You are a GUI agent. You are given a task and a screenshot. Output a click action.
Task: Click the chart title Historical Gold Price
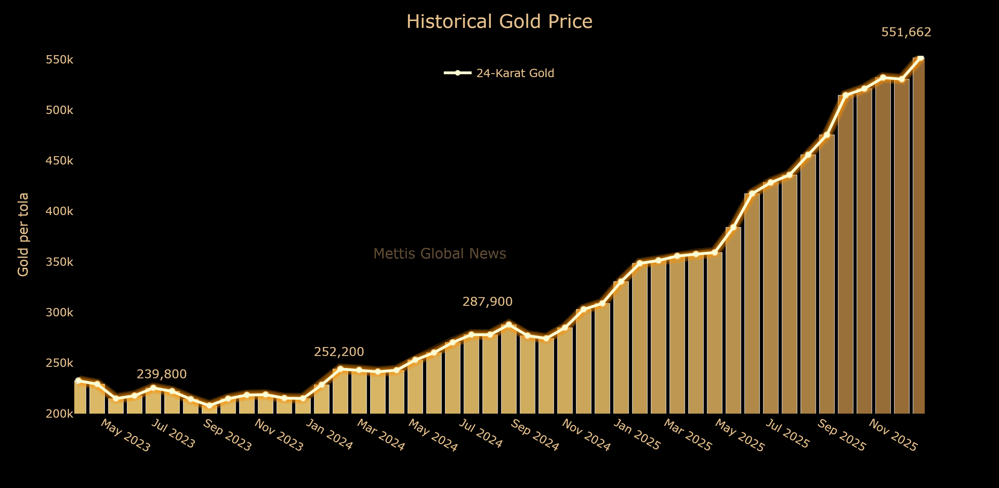click(499, 21)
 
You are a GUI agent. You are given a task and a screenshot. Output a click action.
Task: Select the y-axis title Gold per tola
click(23, 235)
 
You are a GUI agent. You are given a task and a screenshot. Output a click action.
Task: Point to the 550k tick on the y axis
click(59, 60)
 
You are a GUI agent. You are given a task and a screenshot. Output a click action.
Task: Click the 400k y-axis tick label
click(59, 211)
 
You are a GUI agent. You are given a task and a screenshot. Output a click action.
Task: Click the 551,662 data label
click(906, 32)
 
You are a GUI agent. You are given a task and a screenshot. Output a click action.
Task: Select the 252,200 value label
click(339, 352)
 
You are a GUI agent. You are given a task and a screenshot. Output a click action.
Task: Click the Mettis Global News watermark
click(439, 253)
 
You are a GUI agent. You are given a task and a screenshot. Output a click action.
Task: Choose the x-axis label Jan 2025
click(636, 435)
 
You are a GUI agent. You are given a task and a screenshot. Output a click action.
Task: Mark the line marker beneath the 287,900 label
click(509, 324)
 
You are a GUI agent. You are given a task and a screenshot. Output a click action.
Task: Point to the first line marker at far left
click(78, 381)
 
